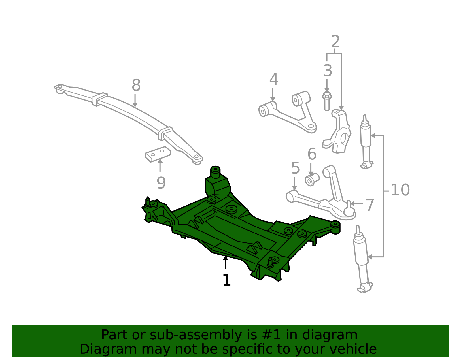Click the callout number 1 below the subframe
(x=226, y=280)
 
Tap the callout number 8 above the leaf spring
(x=136, y=85)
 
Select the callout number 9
(x=161, y=183)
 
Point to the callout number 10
(x=400, y=190)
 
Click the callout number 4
(x=274, y=79)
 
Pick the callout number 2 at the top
(x=335, y=42)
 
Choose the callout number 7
(x=370, y=205)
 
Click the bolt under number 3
(x=327, y=101)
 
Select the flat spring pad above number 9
(x=158, y=154)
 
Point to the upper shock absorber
(x=366, y=142)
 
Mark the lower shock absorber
(x=363, y=259)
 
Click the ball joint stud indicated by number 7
(x=349, y=209)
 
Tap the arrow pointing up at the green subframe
(x=226, y=262)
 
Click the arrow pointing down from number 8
(x=135, y=101)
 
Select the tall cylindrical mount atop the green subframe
(x=215, y=172)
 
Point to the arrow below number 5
(x=294, y=183)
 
